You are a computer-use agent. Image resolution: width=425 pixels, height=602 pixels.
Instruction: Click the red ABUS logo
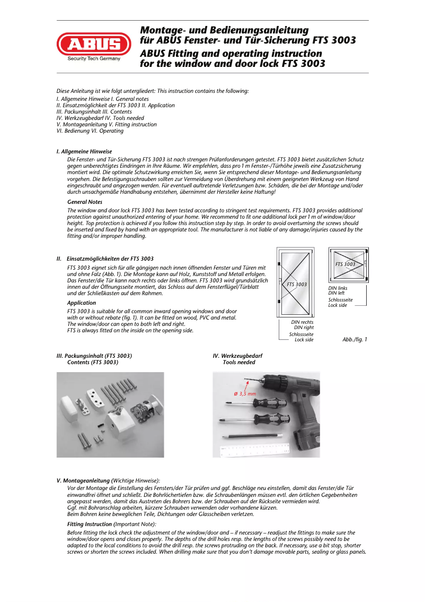coord(94,44)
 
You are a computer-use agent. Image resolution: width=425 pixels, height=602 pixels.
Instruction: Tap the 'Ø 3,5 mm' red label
coord(245,393)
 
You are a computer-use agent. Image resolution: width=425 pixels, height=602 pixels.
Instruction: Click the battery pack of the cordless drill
coord(304,441)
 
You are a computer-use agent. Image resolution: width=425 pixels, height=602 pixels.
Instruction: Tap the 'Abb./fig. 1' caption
coord(355,339)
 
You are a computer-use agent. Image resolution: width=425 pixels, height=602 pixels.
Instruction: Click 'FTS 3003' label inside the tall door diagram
coord(297,285)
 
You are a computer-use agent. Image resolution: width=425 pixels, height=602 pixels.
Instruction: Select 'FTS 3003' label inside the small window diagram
coord(346,264)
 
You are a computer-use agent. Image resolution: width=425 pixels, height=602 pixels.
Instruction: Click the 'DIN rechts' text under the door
coord(302,322)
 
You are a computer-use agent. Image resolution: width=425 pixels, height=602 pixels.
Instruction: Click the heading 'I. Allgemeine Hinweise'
coord(84,152)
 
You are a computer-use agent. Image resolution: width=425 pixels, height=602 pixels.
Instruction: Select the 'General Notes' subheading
coord(85,202)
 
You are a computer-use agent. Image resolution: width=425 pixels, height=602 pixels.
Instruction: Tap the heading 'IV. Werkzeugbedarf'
coord(237,356)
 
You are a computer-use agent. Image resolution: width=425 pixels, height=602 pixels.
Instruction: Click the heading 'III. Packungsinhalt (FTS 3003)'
coord(94,356)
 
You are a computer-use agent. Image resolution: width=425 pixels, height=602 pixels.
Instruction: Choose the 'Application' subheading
coord(81,303)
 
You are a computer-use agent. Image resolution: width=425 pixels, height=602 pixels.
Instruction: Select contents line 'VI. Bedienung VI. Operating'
coord(90,131)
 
